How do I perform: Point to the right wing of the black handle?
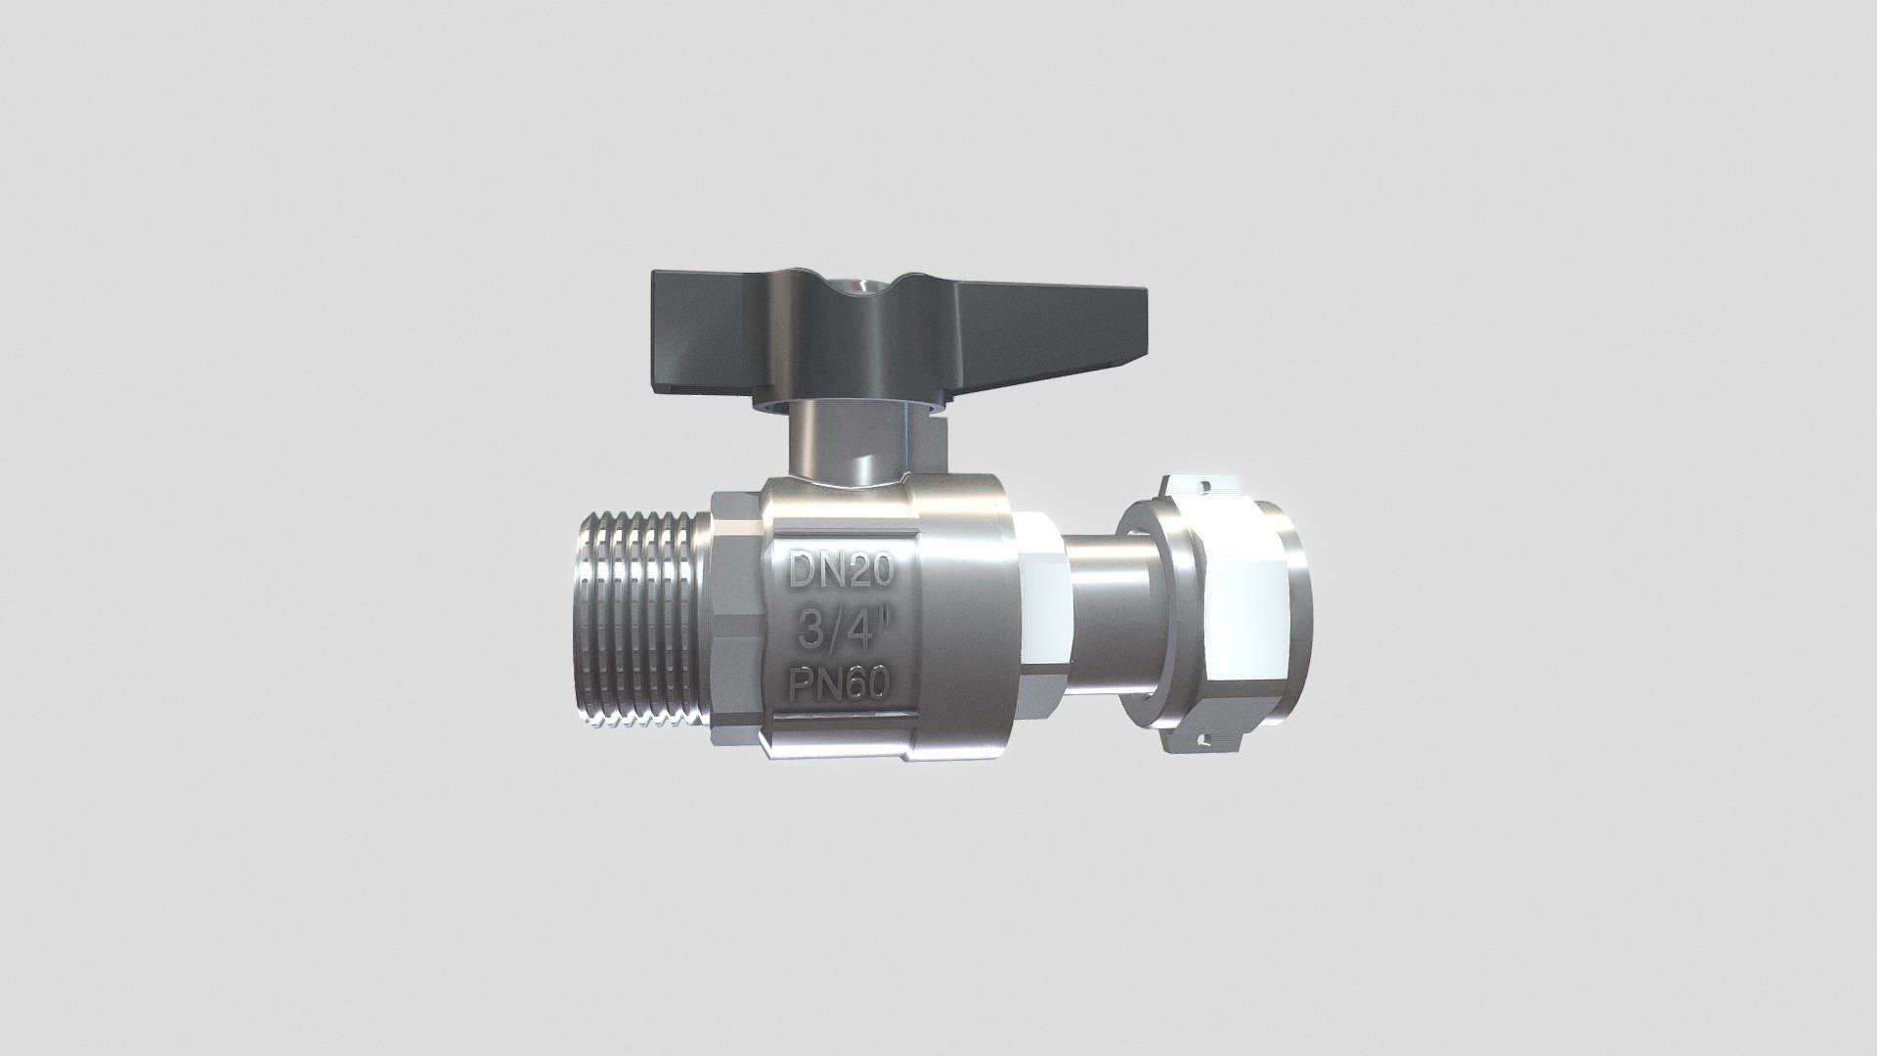click(1046, 324)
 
